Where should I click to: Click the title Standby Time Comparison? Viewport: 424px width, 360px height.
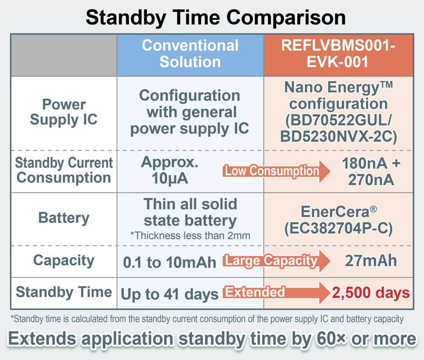point(215,17)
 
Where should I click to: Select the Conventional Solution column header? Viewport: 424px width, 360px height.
point(190,53)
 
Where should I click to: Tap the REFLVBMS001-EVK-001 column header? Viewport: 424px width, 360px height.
point(338,53)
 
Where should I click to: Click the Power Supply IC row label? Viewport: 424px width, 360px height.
point(64,112)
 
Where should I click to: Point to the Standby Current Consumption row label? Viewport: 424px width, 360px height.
point(64,170)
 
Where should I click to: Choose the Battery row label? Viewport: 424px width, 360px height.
point(64,218)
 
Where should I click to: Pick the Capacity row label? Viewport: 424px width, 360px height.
point(64,261)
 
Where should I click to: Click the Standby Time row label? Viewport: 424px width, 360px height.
point(64,292)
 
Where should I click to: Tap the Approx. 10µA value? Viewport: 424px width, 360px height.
point(170,170)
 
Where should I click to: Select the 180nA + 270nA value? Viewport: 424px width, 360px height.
point(371,172)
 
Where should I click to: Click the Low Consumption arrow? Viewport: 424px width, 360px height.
point(276,171)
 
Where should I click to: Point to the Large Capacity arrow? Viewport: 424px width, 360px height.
point(276,261)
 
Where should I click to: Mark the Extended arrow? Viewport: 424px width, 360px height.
point(276,293)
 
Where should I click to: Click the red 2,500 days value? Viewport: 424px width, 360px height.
point(371,293)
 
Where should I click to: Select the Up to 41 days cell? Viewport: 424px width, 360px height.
point(170,294)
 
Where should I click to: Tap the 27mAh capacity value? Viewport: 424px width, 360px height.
point(371,261)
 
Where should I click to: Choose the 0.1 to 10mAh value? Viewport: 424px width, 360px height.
point(170,263)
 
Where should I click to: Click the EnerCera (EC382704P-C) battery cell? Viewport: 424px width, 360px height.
point(338,220)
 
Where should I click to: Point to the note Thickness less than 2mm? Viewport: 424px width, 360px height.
point(190,236)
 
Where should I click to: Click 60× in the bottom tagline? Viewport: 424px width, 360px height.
point(332,339)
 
